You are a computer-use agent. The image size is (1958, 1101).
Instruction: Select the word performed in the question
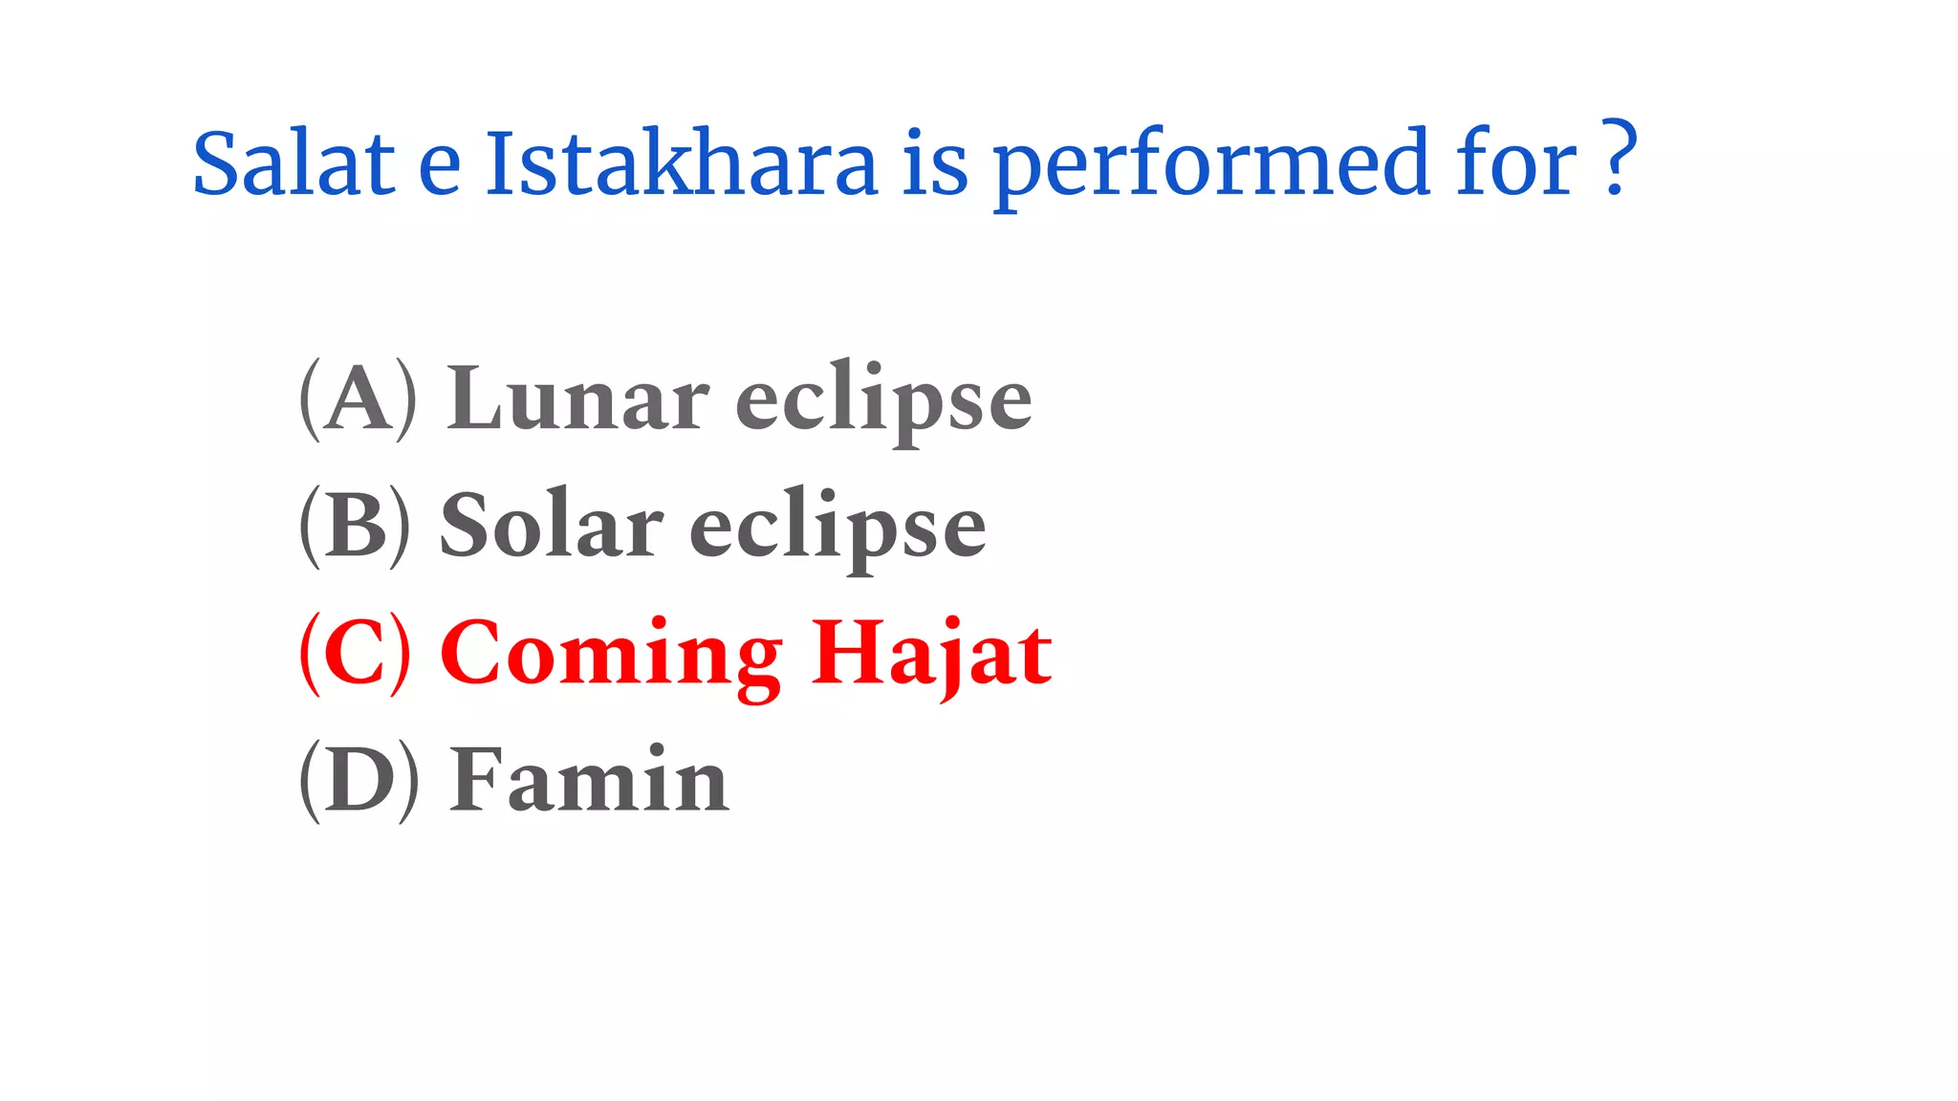1211,164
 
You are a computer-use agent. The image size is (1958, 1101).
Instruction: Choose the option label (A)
358,399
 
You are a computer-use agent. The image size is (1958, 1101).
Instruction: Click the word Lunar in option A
577,398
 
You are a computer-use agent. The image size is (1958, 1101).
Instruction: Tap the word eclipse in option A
883,401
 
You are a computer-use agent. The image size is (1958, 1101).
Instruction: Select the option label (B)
355,527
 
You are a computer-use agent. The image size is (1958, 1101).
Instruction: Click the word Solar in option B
551,526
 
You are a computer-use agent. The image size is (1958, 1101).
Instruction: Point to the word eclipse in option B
838,529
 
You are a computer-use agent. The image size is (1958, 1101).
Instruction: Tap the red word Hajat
932,655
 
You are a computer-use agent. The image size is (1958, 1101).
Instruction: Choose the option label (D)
359,781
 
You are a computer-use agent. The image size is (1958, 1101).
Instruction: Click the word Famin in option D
589,780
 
